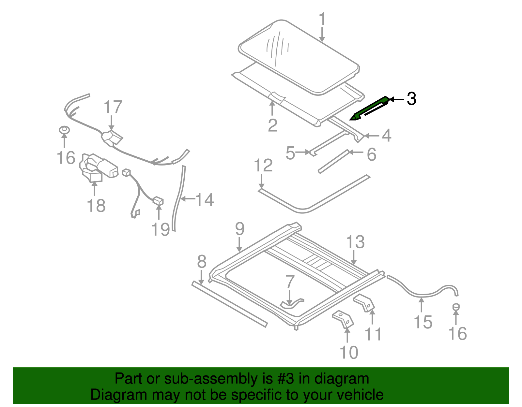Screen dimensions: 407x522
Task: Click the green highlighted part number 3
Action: click(370, 108)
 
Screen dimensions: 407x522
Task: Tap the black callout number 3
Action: click(411, 99)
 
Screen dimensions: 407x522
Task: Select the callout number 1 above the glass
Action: click(322, 19)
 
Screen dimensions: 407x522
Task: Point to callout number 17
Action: click(113, 107)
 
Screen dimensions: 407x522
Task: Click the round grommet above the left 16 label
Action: click(64, 130)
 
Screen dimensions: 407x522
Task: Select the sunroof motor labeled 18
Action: click(98, 168)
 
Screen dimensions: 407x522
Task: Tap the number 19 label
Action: click(161, 229)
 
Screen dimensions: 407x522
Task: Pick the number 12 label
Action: click(263, 166)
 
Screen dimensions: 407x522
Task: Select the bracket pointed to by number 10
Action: click(343, 319)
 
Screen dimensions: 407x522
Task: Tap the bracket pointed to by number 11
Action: click(365, 303)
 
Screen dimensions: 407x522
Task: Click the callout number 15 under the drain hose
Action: click(423, 322)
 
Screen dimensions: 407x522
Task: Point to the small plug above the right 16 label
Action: click(456, 306)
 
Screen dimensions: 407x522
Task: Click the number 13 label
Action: click(355, 242)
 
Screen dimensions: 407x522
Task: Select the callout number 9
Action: click(239, 229)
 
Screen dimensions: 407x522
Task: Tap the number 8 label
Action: click(202, 261)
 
